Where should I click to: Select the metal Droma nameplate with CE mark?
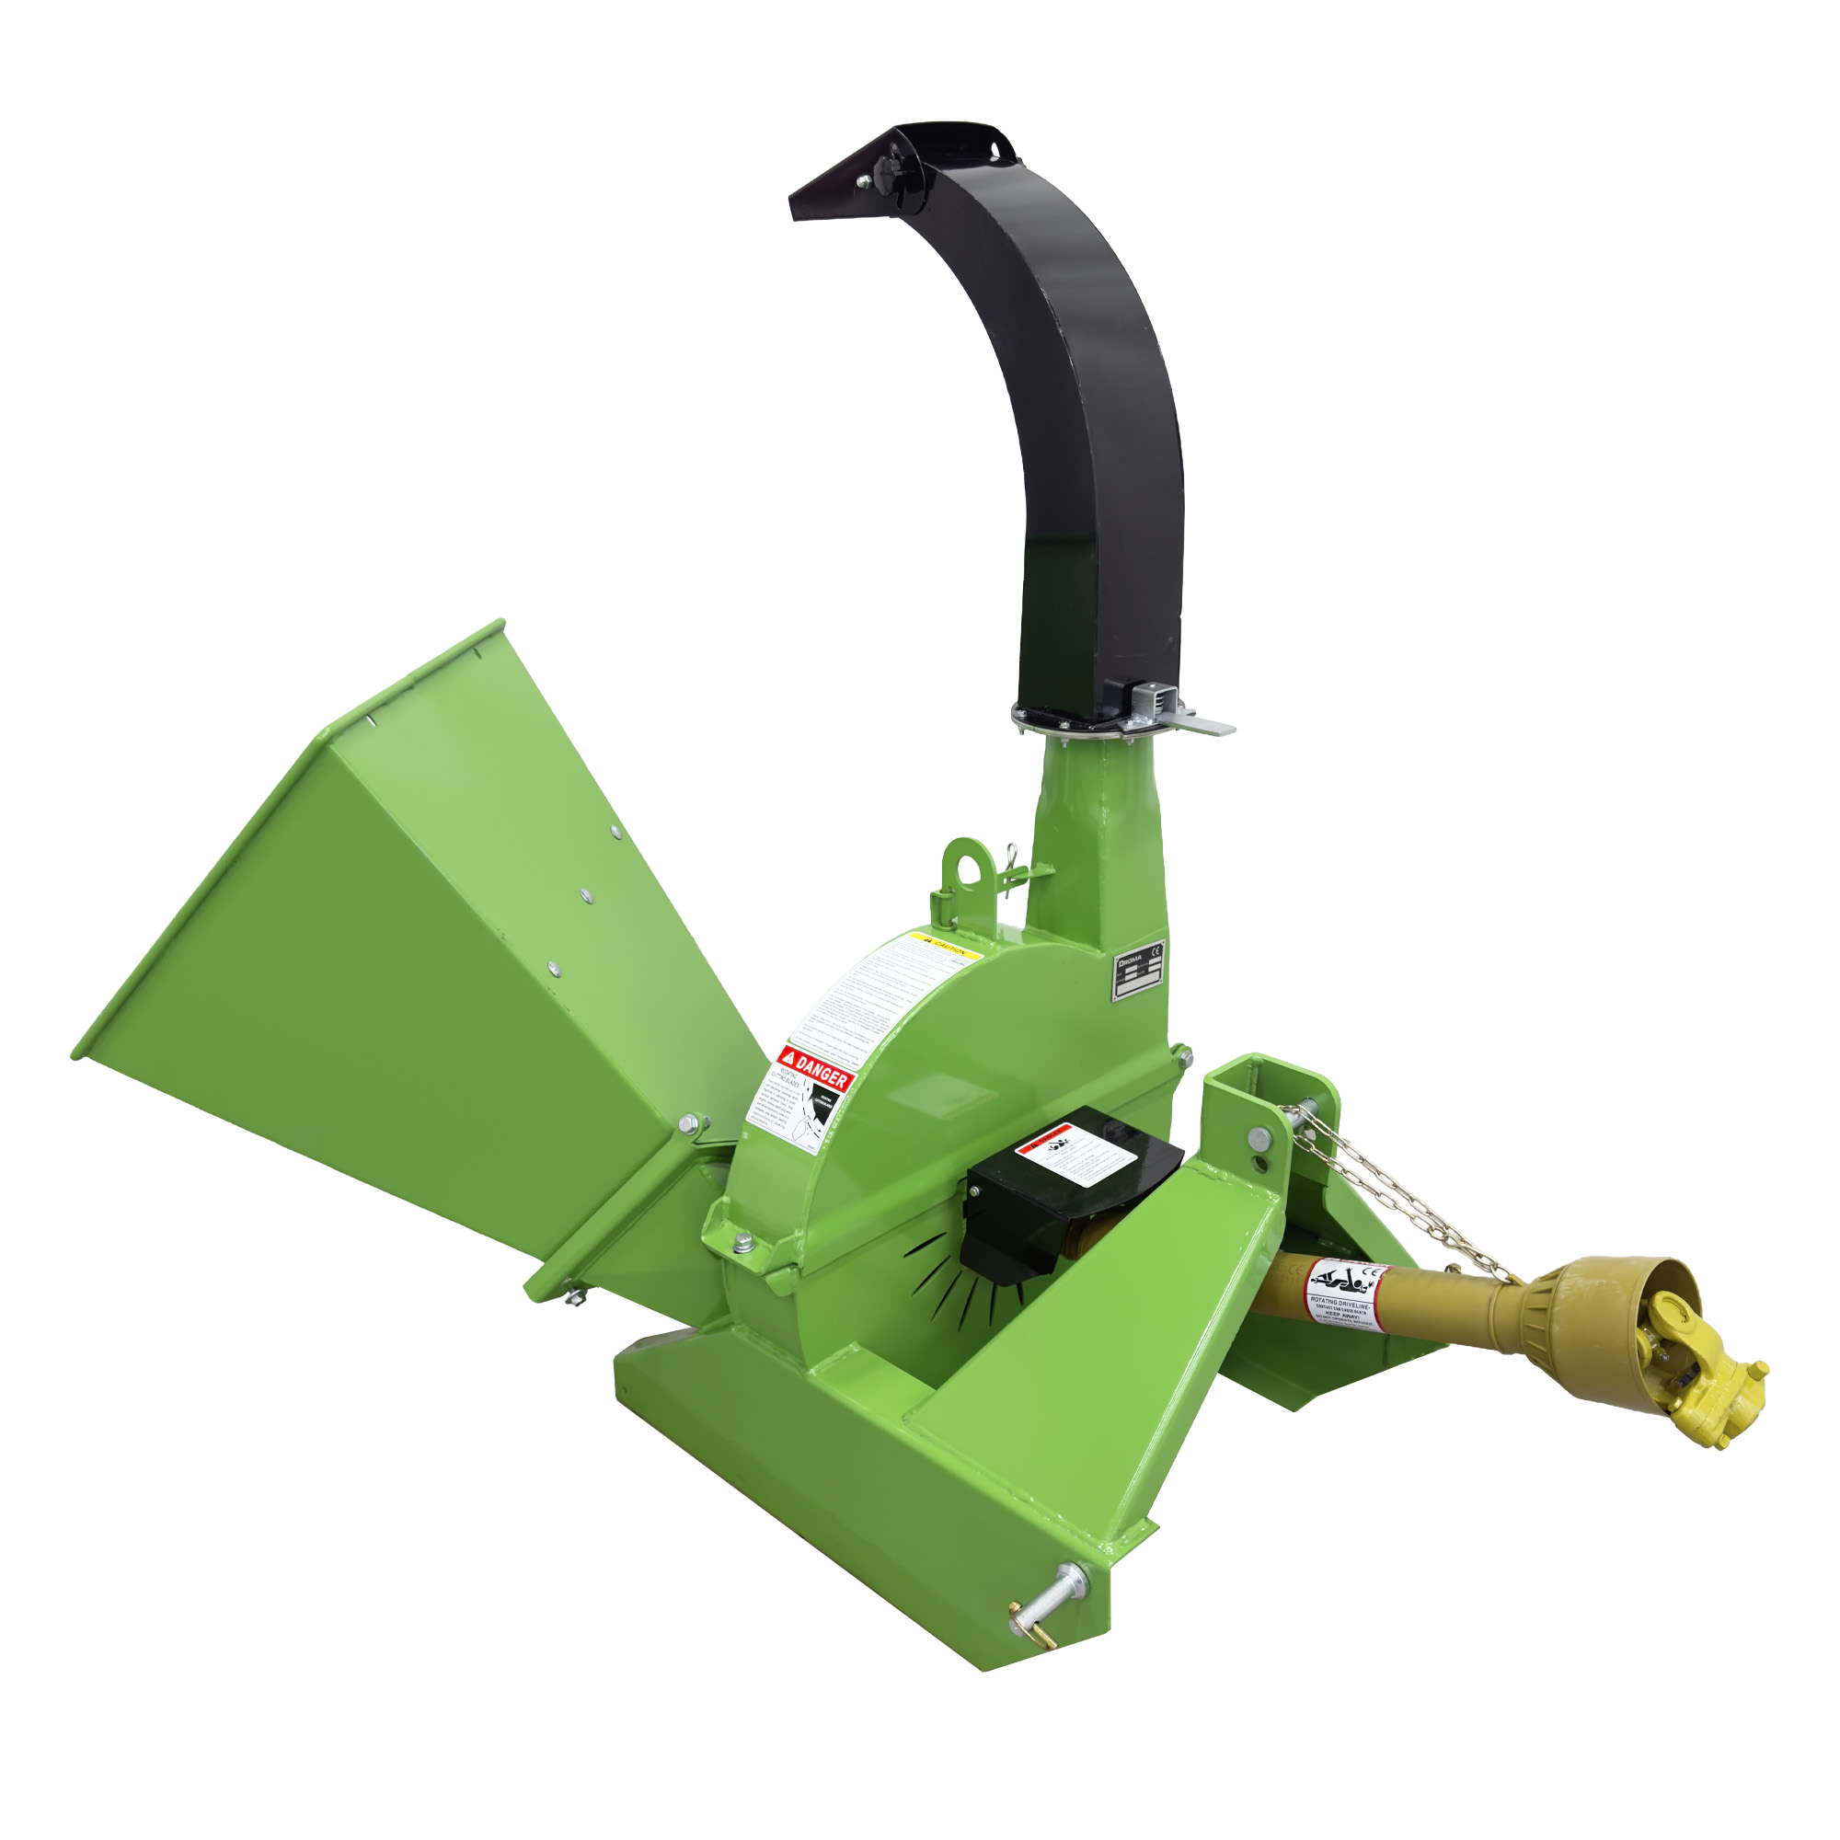[x=1140, y=972]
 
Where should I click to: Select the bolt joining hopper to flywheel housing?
[x=687, y=1126]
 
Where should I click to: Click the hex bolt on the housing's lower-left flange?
[x=743, y=1242]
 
